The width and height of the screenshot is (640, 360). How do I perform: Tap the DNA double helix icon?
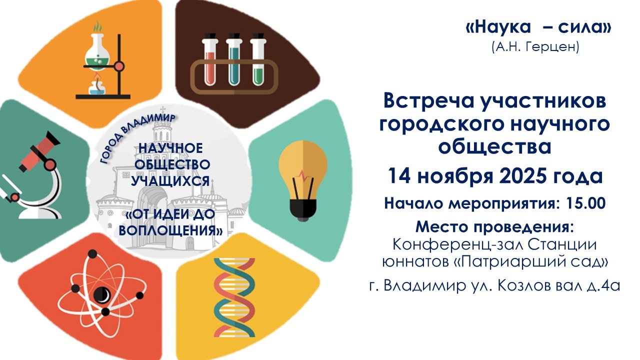234,297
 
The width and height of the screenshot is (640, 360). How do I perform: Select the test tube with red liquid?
209,59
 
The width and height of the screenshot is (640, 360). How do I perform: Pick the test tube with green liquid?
258,59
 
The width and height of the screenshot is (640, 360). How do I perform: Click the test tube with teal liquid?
234,59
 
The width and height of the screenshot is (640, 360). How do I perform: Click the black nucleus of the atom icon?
102,293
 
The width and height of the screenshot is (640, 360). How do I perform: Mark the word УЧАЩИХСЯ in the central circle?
170,181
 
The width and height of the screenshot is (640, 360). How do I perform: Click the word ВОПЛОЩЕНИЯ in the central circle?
170,230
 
